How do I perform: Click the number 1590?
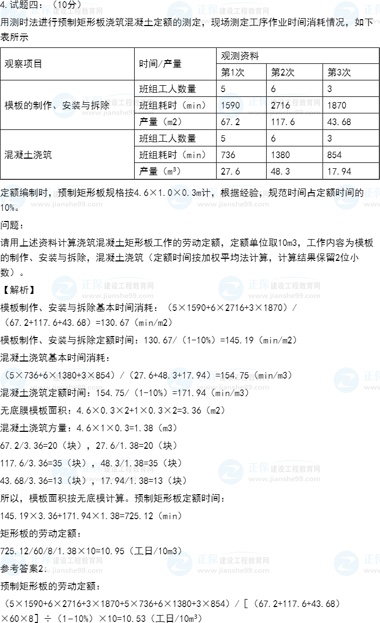[230, 105]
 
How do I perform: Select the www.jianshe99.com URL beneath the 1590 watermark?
[284, 113]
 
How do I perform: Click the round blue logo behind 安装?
[64, 105]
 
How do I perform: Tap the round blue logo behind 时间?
[346, 197]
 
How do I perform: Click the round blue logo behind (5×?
[13, 380]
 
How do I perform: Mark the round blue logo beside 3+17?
[180, 380]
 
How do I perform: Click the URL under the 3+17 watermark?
[233, 388]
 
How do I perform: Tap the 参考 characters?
[10, 568]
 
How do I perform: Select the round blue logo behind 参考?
[13, 563]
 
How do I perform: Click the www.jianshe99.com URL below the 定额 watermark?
[67, 204]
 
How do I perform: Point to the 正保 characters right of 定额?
[41, 193]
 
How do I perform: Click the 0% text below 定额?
[7, 207]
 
